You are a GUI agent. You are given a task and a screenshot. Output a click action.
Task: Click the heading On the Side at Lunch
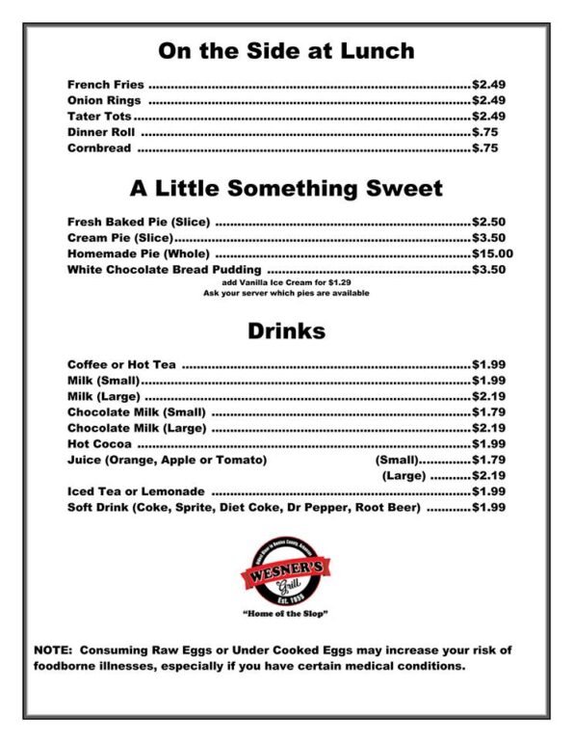point(286,50)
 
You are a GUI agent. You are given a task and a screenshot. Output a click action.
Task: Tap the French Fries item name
point(105,85)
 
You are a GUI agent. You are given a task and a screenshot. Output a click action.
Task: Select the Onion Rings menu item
point(104,100)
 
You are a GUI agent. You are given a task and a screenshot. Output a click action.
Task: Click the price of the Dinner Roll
point(484,132)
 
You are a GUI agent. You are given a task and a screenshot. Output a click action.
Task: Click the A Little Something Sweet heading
point(286,188)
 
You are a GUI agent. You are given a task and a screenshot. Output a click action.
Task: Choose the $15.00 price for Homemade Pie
point(492,253)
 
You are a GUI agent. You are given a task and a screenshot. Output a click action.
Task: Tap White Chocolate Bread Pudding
point(166,270)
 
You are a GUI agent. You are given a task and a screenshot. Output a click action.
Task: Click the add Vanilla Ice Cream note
point(286,282)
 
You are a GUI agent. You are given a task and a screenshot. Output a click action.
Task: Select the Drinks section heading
point(286,331)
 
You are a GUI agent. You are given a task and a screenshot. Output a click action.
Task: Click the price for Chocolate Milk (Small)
point(488,412)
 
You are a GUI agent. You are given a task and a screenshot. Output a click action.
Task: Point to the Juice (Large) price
point(488,476)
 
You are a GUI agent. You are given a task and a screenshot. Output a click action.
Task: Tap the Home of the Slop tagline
point(286,614)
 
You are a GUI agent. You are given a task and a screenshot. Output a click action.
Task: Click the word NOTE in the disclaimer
point(54,650)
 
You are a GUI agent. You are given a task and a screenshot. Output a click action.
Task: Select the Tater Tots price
point(488,117)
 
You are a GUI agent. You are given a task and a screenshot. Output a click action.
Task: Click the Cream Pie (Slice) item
point(119,238)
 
